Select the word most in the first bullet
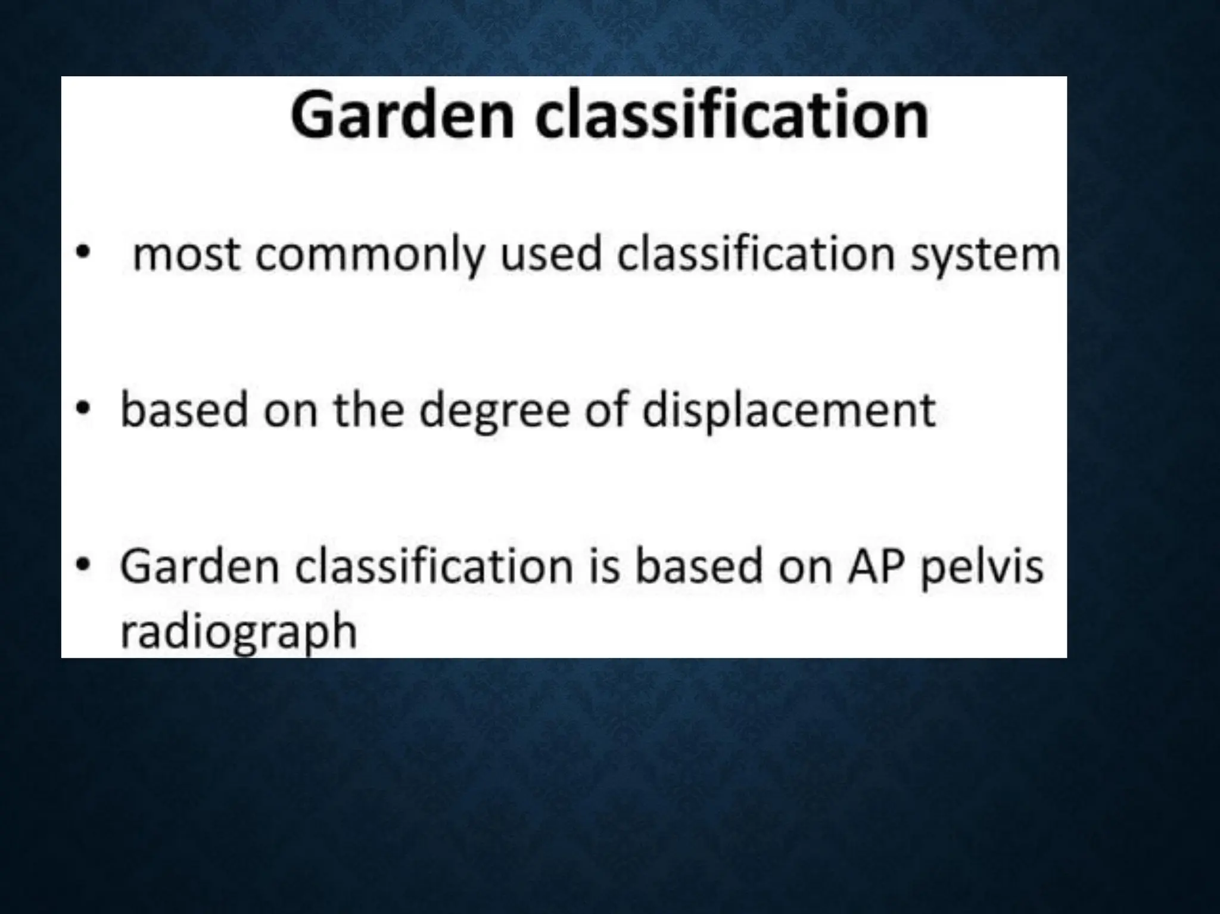tap(186, 256)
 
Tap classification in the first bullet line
tap(755, 254)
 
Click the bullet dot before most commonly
tap(84, 253)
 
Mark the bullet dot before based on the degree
tap(84, 409)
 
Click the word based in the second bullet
tap(184, 410)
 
